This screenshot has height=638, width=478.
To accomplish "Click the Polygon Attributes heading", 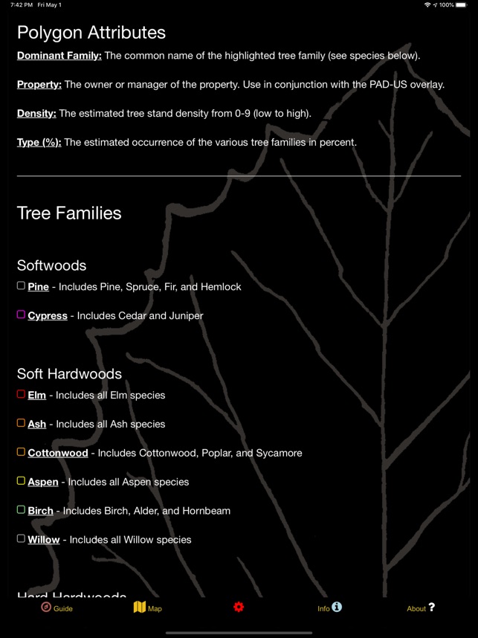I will click(91, 33).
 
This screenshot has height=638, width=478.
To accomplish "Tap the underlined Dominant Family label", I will click(59, 56).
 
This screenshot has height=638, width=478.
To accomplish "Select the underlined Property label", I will click(39, 85).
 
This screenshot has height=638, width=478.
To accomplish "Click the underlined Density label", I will click(36, 114).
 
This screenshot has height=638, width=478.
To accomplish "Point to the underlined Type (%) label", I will click(39, 142).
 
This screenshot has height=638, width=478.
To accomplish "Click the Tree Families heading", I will click(69, 213).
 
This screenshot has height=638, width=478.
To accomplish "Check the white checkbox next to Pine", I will click(21, 286).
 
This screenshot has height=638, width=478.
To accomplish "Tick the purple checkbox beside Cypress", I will click(21, 315).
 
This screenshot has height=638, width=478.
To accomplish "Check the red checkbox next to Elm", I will click(21, 394).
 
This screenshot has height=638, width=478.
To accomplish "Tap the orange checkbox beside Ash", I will click(21, 423).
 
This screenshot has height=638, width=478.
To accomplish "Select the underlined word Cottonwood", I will click(57, 453).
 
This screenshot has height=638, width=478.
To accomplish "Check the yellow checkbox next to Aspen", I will click(21, 481).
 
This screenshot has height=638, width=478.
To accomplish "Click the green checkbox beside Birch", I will click(21, 510).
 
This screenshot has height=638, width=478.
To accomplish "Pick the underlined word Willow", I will click(43, 540).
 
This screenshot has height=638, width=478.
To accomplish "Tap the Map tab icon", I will click(139, 608).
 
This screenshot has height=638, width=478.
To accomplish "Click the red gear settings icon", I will click(239, 608).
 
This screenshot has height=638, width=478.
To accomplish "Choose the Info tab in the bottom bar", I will click(329, 608).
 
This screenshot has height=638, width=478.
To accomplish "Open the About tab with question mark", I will click(421, 608).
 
